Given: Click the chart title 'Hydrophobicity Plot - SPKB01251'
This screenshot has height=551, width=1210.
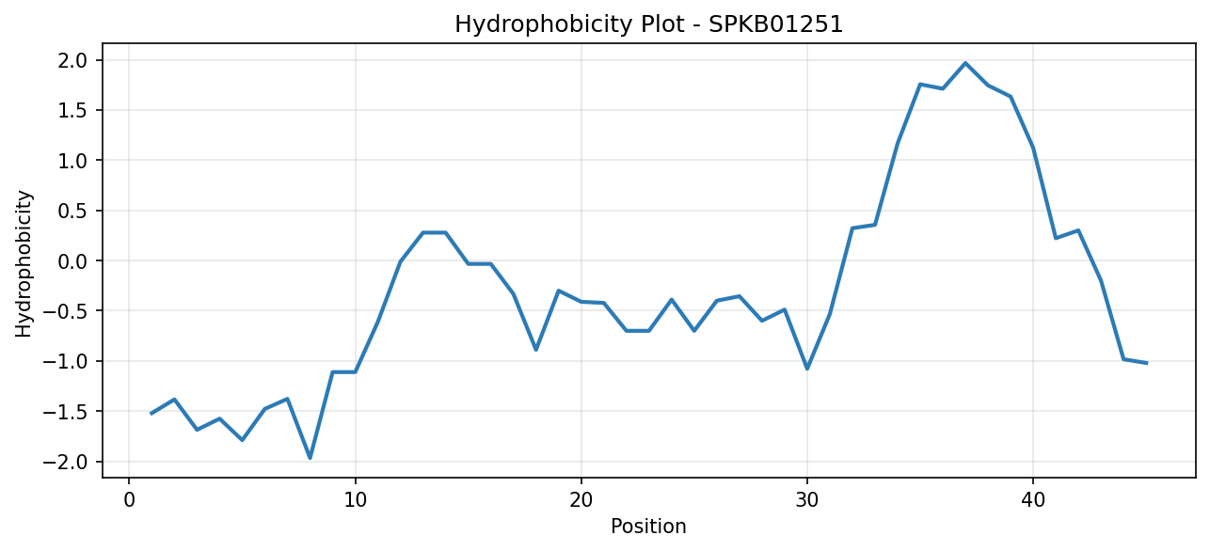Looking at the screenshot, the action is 649,24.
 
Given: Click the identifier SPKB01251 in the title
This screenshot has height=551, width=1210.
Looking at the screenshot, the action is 775,24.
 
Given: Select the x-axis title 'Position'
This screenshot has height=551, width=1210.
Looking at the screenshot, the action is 648,527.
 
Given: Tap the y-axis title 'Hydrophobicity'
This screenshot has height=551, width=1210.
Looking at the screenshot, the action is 24,264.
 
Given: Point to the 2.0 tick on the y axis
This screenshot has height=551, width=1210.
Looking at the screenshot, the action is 72,60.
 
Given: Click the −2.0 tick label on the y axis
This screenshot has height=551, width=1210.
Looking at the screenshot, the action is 65,462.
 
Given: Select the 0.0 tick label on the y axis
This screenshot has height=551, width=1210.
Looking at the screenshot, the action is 72,261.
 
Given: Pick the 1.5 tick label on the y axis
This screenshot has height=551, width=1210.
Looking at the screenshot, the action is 72,111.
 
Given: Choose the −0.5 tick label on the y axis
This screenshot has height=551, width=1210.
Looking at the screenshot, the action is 65,311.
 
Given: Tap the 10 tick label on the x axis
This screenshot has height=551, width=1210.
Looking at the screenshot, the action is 355,500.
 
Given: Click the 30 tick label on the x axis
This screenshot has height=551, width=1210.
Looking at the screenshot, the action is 807,500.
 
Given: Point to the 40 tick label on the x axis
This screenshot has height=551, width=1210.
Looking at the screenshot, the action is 1033,500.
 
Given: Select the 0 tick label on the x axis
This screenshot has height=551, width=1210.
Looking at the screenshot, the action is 129,500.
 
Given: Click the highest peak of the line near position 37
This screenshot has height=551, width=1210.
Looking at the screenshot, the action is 965,63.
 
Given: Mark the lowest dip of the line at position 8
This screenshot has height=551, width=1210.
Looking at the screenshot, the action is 310,458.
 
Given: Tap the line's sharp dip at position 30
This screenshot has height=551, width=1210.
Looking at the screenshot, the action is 807,369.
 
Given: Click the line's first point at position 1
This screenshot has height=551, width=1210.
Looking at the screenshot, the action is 151,414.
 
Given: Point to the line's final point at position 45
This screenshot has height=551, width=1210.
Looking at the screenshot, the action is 1146,363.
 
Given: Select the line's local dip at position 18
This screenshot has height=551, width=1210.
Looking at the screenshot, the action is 536,350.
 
